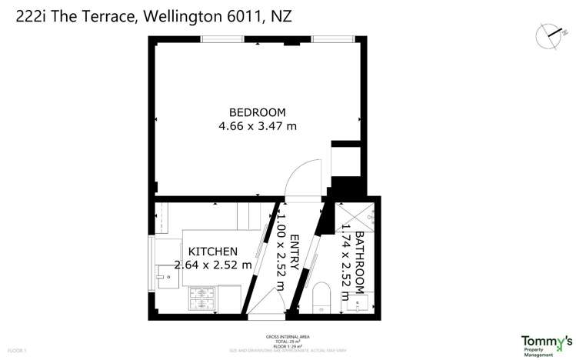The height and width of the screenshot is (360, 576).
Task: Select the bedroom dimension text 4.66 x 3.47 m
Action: [258, 125]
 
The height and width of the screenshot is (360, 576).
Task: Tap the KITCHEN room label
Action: [213, 252]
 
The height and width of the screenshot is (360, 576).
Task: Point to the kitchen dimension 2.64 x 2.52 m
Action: [213, 265]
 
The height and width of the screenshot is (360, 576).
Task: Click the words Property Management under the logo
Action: [538, 352]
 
